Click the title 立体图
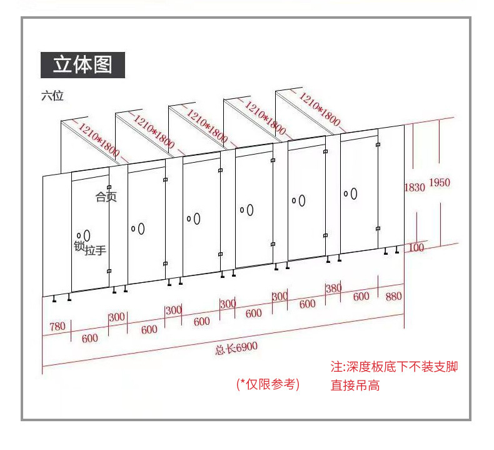click(83, 64)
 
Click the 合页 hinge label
click(106, 197)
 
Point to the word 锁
click(79, 246)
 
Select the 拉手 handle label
click(95, 250)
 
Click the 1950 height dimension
click(439, 183)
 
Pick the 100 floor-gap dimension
click(415, 248)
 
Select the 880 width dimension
click(393, 296)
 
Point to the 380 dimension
click(334, 288)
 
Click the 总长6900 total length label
click(236, 348)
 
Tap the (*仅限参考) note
click(268, 384)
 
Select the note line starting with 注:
click(394, 367)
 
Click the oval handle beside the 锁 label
click(86, 235)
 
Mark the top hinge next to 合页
click(109, 187)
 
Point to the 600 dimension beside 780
click(89, 338)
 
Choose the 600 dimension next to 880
click(361, 297)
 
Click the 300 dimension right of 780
click(117, 317)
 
